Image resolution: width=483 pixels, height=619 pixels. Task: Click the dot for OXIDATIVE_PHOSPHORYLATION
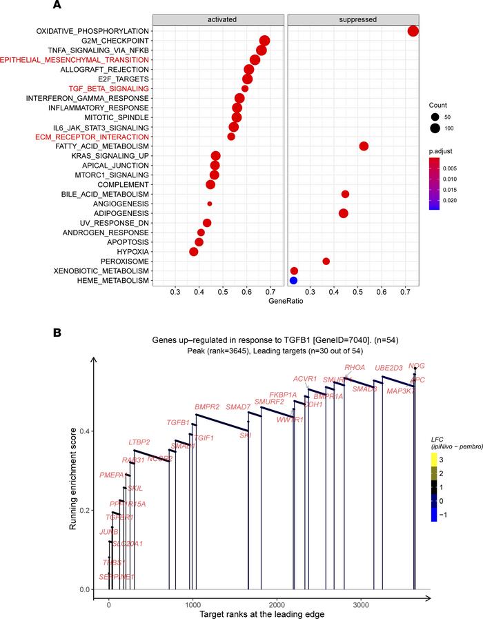coord(413,31)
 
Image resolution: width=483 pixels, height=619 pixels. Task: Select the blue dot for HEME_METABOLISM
coord(293,281)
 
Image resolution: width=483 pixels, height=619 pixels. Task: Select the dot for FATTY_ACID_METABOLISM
coord(364,146)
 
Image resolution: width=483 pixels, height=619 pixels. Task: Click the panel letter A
coord(58,6)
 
